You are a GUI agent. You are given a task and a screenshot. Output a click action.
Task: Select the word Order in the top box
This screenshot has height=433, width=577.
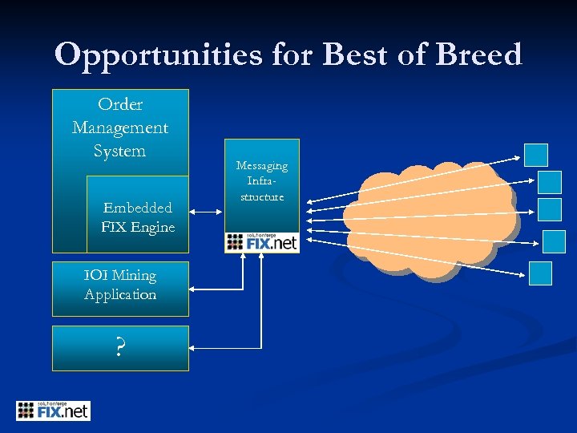click(120, 104)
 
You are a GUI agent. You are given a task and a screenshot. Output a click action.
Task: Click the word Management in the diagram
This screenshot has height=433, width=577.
click(120, 127)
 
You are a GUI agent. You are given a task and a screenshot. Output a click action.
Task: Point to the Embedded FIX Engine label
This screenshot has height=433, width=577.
click(138, 217)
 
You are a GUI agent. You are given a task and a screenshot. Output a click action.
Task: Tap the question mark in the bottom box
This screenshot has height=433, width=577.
click(120, 348)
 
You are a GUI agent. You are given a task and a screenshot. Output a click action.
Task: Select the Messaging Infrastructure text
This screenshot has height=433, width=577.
click(261, 181)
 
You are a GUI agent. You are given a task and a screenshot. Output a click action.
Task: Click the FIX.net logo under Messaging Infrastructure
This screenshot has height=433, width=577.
click(261, 242)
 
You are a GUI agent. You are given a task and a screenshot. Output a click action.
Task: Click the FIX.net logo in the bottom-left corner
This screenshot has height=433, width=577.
click(53, 411)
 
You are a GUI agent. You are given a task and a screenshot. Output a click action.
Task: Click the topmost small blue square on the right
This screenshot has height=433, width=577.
click(536, 155)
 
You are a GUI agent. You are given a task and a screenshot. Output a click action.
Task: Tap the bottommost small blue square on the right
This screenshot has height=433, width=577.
click(541, 273)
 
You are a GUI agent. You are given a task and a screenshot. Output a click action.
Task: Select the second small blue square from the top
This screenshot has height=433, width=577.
click(550, 182)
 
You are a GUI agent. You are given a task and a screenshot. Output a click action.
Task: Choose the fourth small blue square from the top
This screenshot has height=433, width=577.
click(554, 241)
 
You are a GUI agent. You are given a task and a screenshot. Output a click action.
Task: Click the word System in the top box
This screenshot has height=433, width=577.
click(120, 151)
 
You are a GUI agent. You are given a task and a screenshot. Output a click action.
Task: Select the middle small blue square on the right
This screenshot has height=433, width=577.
click(550, 209)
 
